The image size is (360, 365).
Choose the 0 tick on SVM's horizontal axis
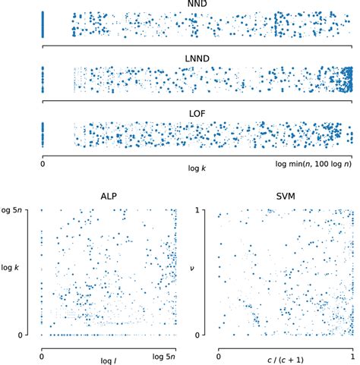(219, 354)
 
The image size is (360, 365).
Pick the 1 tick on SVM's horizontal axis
(352, 354)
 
